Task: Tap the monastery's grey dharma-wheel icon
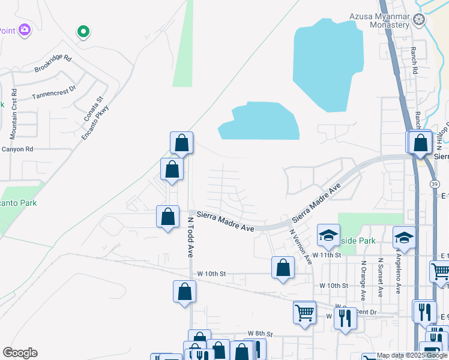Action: pos(419,20)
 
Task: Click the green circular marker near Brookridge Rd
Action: pos(83,31)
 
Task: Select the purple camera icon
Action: pos(25,29)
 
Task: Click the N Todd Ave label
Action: pos(190,238)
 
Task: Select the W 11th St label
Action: pos(329,255)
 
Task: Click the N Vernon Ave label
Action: pos(301,247)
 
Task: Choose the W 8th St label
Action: pos(261,334)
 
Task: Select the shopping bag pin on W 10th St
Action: pos(283,268)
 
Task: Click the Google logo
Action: pos(20,353)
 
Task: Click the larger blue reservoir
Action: pos(328,63)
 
